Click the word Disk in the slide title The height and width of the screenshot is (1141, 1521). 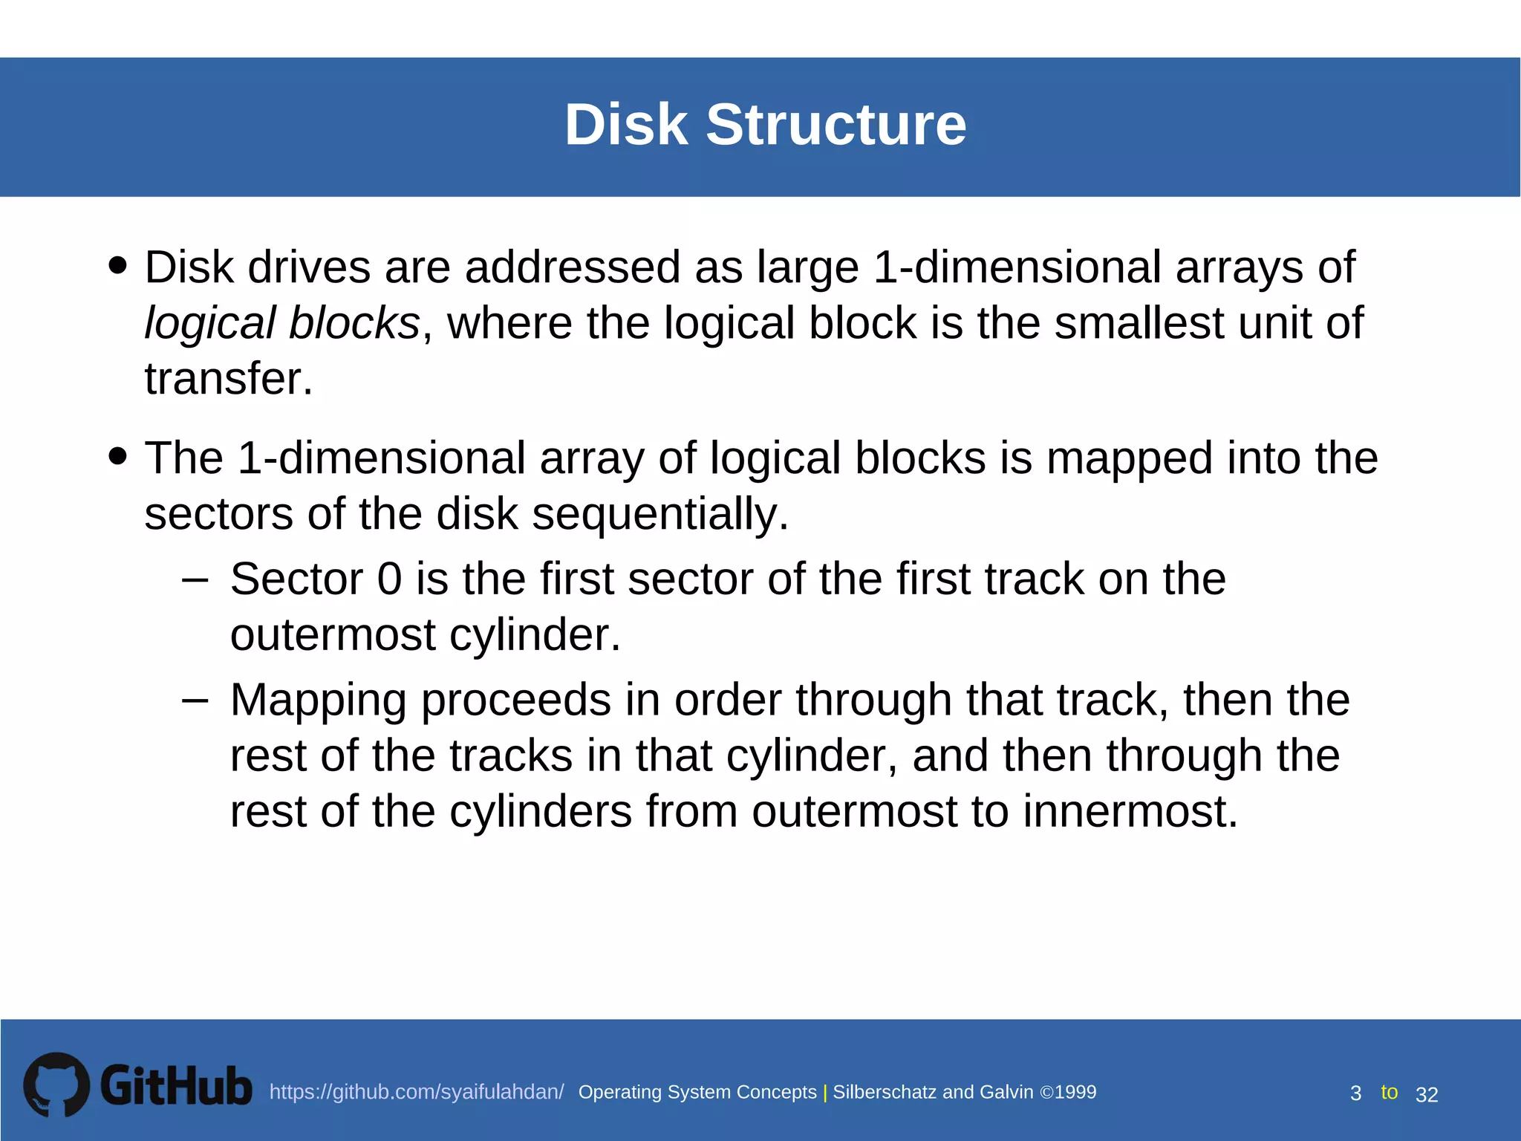click(x=625, y=124)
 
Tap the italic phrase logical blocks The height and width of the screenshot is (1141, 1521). click(x=282, y=323)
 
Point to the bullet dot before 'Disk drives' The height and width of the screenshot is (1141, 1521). click(x=117, y=265)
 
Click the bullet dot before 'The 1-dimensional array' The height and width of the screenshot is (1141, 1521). click(x=117, y=455)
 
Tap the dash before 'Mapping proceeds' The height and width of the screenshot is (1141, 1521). click(x=195, y=700)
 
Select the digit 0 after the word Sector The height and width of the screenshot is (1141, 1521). click(x=389, y=579)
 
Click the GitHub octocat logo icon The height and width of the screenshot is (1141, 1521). click(x=56, y=1085)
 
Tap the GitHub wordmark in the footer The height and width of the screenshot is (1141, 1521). click(x=176, y=1086)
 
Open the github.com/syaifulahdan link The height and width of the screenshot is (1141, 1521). click(x=417, y=1092)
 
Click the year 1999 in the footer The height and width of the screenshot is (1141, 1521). click(x=1075, y=1092)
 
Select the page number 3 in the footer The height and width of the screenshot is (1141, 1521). click(x=1355, y=1093)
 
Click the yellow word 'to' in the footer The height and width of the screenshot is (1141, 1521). click(x=1389, y=1092)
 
